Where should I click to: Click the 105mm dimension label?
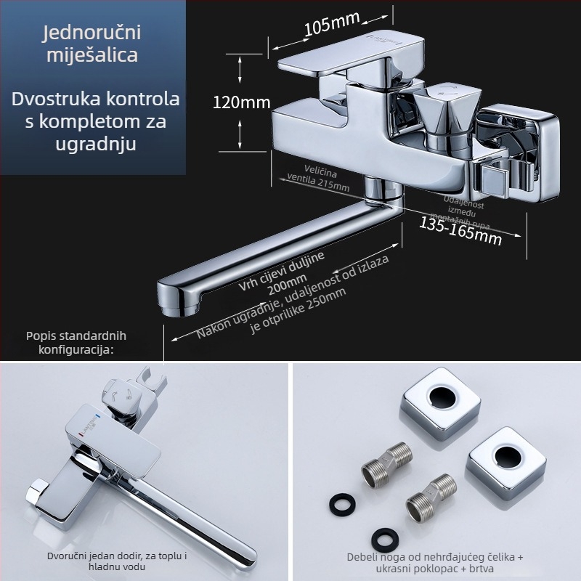[x=327, y=27]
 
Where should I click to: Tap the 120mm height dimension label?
[x=241, y=102]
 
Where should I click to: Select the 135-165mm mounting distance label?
[x=460, y=229]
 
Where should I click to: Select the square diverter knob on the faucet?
[x=443, y=109]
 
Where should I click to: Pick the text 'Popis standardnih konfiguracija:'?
[x=76, y=342]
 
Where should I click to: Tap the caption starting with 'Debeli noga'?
[x=435, y=562]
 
